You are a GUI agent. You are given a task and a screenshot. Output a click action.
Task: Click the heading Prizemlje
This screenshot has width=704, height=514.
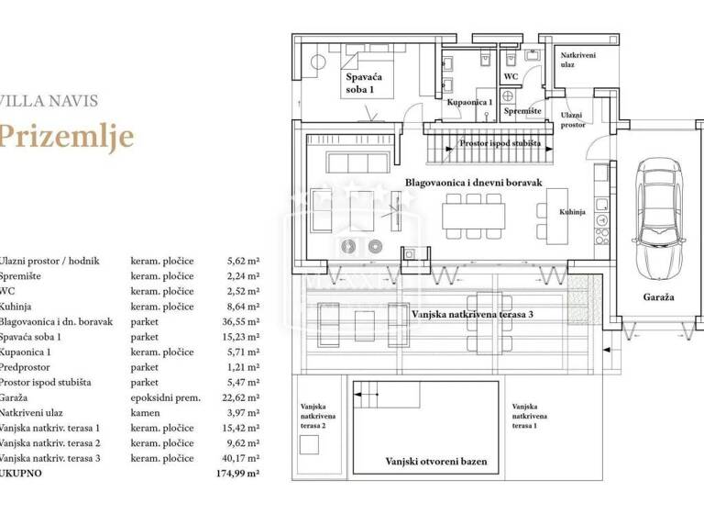point(67,136)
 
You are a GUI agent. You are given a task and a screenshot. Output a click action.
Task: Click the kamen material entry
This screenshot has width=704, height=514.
point(145,412)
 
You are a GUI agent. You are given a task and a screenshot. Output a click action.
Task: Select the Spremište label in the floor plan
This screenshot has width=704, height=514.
point(522,111)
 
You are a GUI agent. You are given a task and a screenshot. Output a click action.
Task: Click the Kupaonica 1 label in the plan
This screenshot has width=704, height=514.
point(470,103)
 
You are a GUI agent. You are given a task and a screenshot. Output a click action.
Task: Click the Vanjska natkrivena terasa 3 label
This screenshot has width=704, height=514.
point(473,314)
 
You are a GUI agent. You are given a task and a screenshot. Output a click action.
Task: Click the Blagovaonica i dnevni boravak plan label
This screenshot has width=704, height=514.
point(473,183)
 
